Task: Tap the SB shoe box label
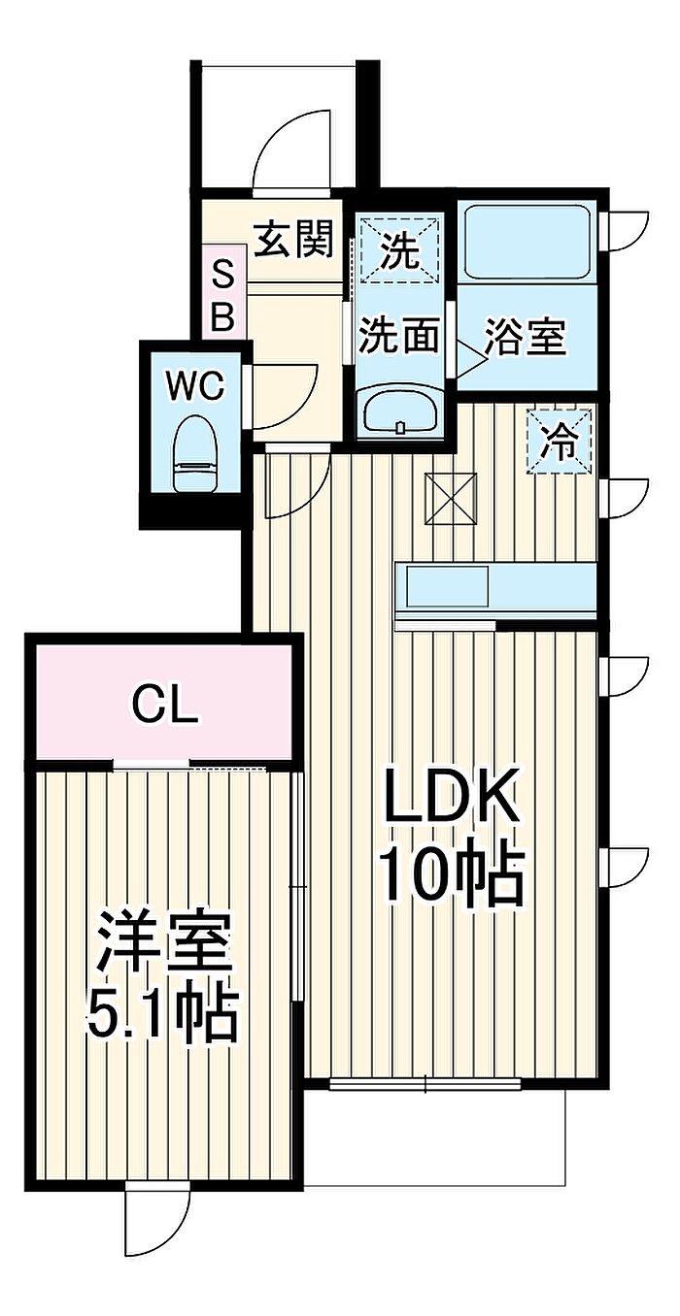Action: tap(222, 297)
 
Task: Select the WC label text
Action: tap(194, 387)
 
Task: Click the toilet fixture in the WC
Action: tap(194, 456)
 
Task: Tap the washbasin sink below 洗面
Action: tap(399, 411)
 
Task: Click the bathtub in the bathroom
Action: tap(526, 243)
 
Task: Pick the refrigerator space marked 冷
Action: tap(559, 442)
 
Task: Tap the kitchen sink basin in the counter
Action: tap(448, 587)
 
